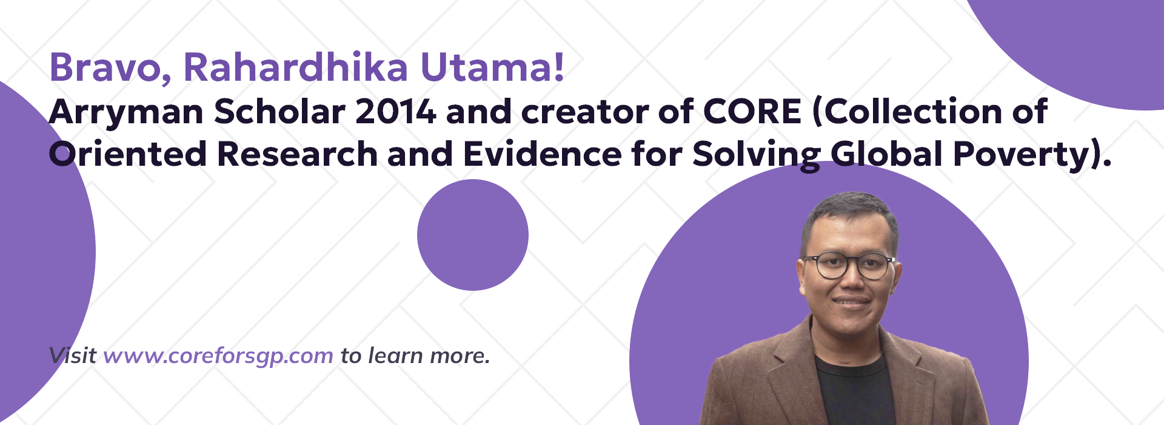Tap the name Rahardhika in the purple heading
pyautogui.click(x=296, y=67)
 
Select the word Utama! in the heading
pyautogui.click(x=492, y=67)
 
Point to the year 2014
pyautogui.click(x=396, y=112)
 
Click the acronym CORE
pyautogui.click(x=752, y=112)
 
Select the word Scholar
pyautogui.click(x=279, y=112)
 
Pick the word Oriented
pyautogui.click(x=128, y=154)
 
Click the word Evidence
pyautogui.click(x=543, y=154)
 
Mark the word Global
pyautogui.click(x=887, y=154)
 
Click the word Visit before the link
pyautogui.click(x=72, y=355)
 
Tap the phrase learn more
pyautogui.click(x=429, y=355)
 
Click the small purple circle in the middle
pyautogui.click(x=473, y=235)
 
